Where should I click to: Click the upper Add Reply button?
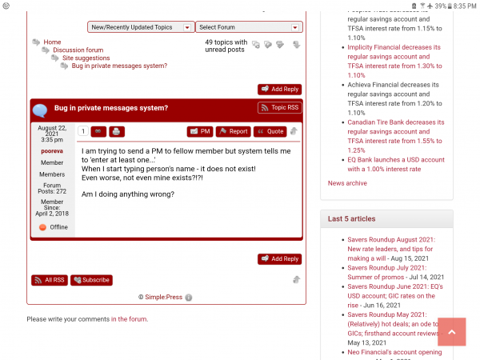[279, 90]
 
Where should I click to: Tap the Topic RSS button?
[279, 108]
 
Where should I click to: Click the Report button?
[233, 131]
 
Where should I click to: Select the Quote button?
[270, 131]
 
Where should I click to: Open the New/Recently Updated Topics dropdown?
[141, 27]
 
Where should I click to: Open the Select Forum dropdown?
[249, 27]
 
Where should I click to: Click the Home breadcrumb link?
[52, 42]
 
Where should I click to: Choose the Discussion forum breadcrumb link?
[78, 50]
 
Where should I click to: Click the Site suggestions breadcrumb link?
[86, 58]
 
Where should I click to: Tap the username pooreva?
[52, 150]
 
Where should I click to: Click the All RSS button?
[50, 280]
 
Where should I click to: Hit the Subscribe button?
[91, 280]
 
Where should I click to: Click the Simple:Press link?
[163, 297]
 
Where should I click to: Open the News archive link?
[347, 183]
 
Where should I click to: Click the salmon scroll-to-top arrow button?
[452, 332]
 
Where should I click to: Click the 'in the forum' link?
[129, 319]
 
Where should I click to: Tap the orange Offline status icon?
[42, 227]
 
